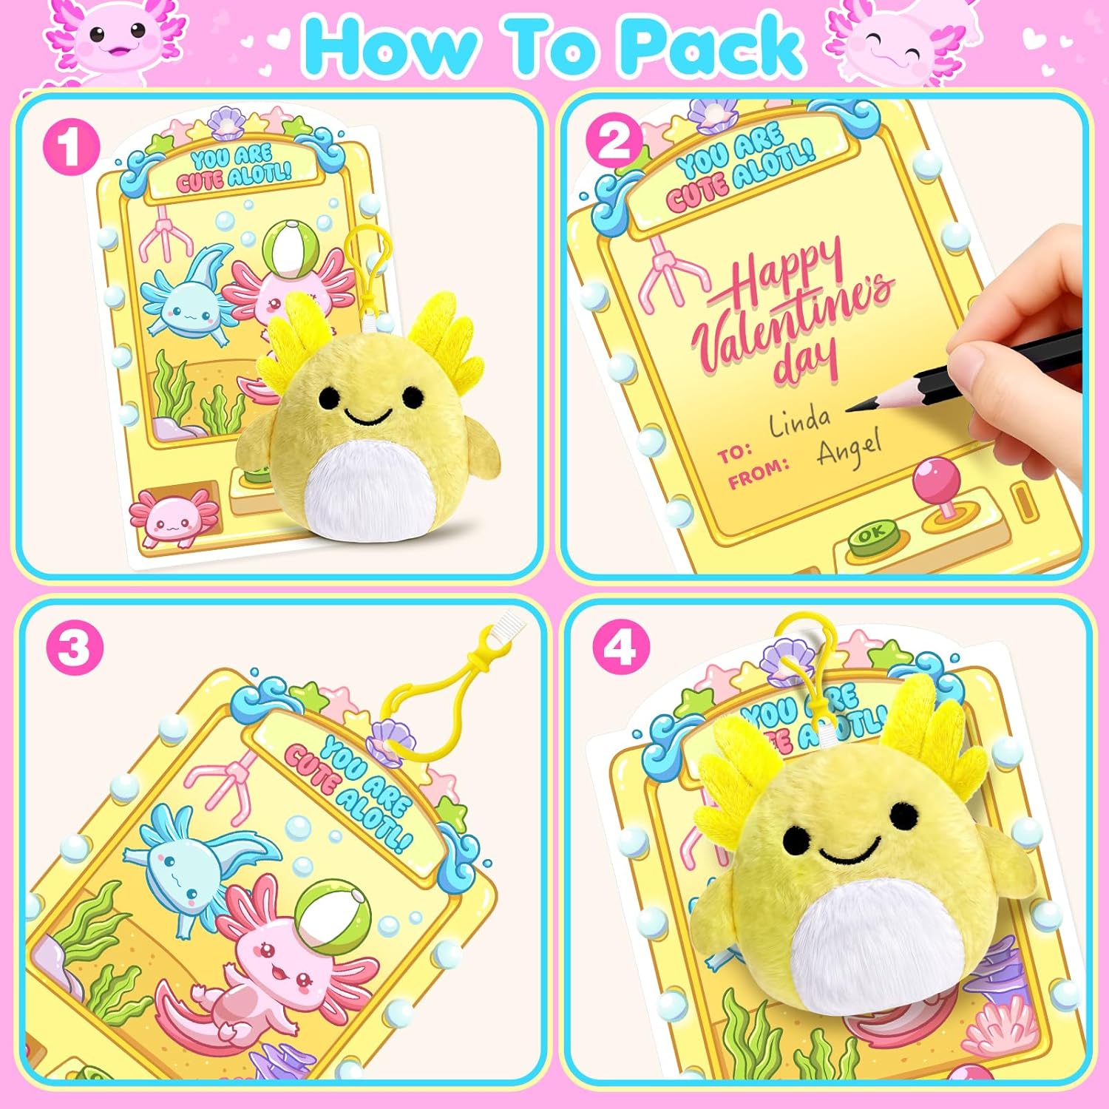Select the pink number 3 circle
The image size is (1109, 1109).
click(74, 649)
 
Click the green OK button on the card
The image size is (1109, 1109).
click(872, 534)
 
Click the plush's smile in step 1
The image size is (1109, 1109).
click(367, 418)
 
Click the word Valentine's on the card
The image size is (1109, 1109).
click(791, 318)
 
